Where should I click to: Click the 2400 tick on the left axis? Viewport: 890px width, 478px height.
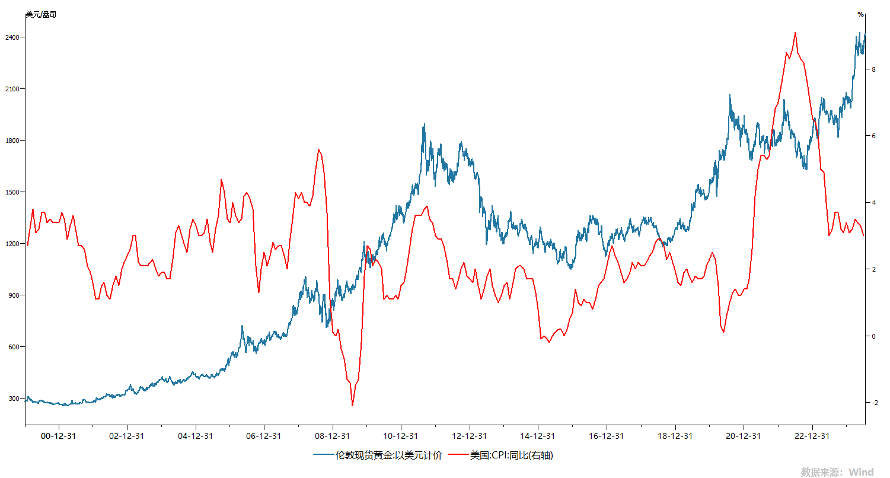tap(14, 37)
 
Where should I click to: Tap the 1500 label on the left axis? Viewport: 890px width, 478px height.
tap(14, 192)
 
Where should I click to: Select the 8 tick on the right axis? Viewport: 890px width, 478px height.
tap(872, 69)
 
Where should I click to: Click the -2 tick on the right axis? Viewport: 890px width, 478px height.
tap(873, 403)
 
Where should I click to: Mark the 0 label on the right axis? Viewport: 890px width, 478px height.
tap(872, 336)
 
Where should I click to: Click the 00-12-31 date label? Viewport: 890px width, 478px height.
tap(59, 435)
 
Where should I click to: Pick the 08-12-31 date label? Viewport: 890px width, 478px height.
tap(333, 435)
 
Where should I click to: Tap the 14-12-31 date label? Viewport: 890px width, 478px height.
tap(538, 435)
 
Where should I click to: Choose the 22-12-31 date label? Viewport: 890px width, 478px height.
tap(812, 435)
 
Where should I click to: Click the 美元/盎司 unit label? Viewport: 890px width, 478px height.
tap(41, 14)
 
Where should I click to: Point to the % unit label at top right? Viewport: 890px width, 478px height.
tap(860, 14)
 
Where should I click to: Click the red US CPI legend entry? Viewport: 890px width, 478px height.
tap(503, 455)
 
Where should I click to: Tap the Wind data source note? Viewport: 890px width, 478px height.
tap(837, 472)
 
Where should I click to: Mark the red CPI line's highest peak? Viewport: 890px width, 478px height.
tap(795, 33)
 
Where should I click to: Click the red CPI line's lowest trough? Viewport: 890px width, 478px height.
tap(352, 406)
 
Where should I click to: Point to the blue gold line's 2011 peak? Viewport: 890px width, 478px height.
tap(424, 125)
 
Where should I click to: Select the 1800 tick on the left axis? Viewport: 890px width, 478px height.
tap(14, 141)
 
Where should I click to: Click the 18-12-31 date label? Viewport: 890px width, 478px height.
tap(675, 435)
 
